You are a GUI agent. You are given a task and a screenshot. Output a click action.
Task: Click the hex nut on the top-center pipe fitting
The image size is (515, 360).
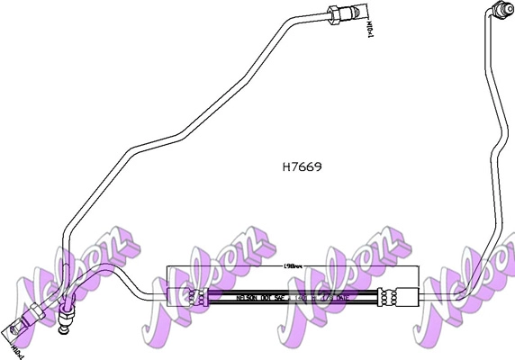click(336, 15)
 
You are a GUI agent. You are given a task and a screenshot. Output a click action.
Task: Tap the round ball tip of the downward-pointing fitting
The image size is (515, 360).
click(62, 330)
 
